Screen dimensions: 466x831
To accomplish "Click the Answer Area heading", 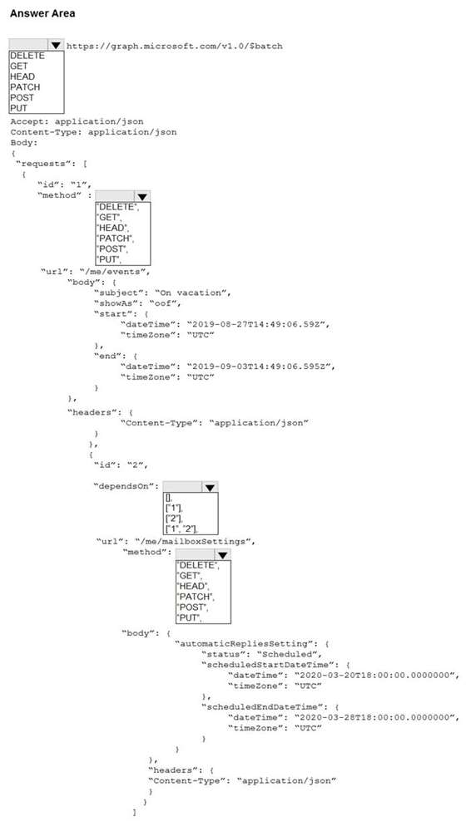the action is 42,13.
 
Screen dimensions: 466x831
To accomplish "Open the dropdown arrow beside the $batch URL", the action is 56,45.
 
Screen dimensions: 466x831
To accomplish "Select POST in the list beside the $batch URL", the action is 22,97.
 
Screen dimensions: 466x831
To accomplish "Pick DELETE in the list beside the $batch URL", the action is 27,56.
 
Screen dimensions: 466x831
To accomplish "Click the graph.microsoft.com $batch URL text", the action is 175,46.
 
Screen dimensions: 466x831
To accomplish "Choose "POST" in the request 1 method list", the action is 112,248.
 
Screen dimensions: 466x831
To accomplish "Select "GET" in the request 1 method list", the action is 108,217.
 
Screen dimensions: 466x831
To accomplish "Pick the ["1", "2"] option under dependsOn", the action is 181,528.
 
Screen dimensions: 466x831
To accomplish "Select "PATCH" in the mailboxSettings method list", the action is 195,597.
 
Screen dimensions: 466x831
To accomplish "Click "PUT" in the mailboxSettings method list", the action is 189,617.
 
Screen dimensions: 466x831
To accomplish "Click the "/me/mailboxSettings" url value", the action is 196,542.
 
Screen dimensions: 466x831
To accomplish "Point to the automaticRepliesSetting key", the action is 247,644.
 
